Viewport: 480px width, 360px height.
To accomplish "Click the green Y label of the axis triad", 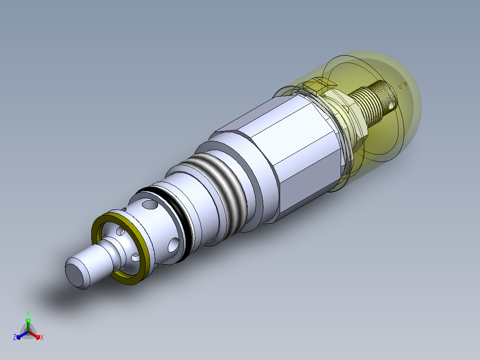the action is click(28, 313).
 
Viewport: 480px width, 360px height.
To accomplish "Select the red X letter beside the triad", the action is click(42, 337).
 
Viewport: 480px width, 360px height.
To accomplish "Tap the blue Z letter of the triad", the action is click(15, 337).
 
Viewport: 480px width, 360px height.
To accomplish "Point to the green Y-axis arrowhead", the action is click(28, 320).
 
